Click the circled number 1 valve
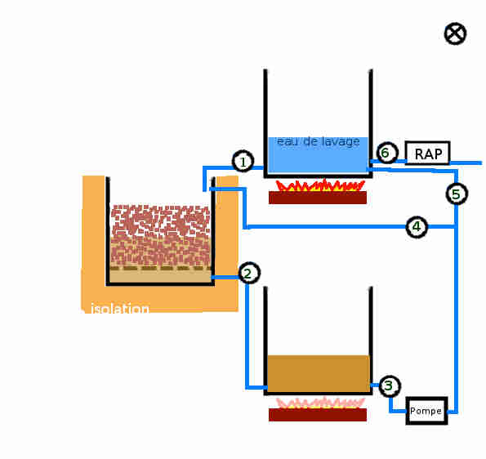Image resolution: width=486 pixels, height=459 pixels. click(x=243, y=161)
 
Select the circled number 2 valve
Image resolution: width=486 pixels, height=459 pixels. click(x=249, y=273)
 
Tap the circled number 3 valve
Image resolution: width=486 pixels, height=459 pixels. click(x=390, y=385)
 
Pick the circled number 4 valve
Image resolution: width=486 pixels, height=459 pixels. click(x=417, y=227)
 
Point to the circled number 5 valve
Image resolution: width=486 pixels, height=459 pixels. click(x=457, y=194)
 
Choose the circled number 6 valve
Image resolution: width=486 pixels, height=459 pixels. click(x=386, y=153)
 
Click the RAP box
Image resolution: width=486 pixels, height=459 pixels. click(x=427, y=153)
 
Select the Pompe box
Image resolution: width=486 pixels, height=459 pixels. click(x=427, y=411)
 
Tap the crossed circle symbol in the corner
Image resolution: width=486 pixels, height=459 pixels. click(x=455, y=33)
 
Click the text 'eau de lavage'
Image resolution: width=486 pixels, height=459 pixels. click(x=318, y=141)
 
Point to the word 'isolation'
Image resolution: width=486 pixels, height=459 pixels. click(x=120, y=309)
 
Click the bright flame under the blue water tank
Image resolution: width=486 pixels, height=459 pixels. click(x=320, y=185)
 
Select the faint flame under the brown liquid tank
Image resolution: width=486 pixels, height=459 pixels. click(x=320, y=403)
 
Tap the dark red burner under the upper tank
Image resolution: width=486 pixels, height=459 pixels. click(x=318, y=198)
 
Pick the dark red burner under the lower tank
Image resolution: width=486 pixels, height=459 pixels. click(x=318, y=415)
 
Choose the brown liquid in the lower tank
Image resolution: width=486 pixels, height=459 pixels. click(x=319, y=373)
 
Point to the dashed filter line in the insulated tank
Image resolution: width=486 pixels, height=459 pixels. click(x=161, y=268)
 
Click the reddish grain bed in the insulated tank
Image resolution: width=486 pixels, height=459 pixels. click(x=161, y=235)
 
